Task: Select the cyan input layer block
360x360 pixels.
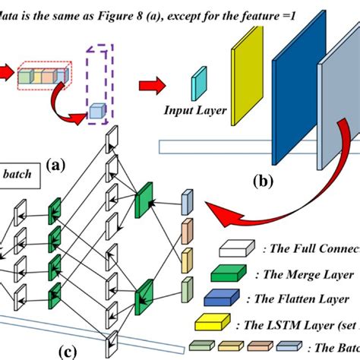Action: pos(200,82)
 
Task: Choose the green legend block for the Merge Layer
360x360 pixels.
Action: pos(237,274)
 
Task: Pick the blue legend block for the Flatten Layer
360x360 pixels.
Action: pos(237,298)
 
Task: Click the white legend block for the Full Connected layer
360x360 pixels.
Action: pos(237,249)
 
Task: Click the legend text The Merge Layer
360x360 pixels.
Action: pos(304,276)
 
